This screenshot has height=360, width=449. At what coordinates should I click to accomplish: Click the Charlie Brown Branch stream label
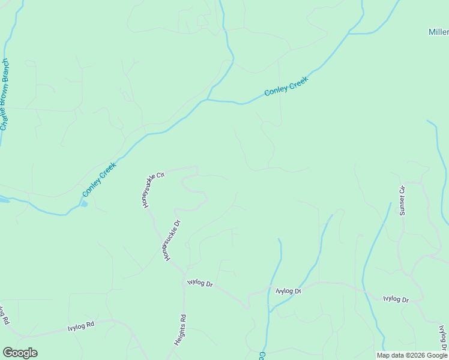coord(5,94)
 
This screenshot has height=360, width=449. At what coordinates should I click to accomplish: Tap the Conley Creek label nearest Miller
coord(286,86)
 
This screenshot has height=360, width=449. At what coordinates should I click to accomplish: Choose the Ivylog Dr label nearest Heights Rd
coord(200,283)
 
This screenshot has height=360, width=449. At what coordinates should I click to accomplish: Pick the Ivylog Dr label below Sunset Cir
coord(396,298)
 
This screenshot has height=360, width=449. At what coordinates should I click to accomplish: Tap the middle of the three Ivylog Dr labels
coord(288,291)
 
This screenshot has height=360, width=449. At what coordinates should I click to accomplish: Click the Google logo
coord(20,353)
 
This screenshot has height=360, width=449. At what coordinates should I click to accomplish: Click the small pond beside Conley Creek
coord(83,205)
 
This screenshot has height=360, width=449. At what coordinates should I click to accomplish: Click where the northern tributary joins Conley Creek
coord(208,99)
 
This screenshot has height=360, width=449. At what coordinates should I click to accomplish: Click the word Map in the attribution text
coord(383,355)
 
